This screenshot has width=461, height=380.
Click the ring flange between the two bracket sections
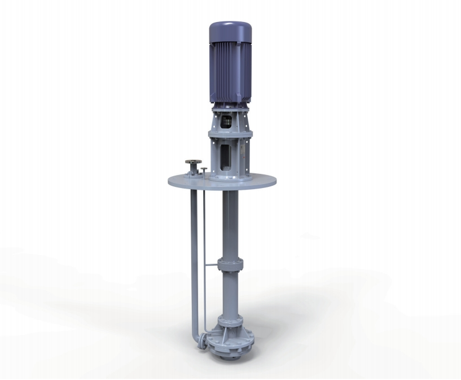pos(230,134)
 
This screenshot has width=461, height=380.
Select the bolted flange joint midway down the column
pos(230,265)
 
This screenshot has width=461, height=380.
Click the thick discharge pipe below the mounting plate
pos(195,254)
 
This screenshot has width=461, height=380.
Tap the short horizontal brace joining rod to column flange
pos(211,265)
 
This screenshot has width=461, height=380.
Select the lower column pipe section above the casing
pos(230,294)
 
